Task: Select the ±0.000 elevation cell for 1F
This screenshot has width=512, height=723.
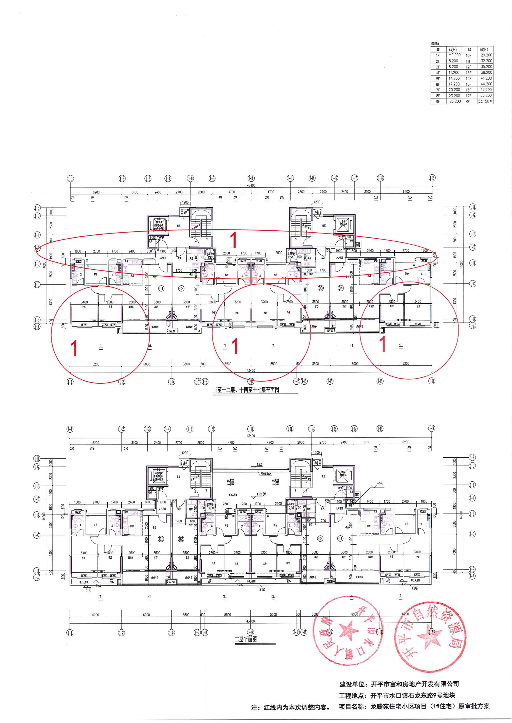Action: (x=453, y=55)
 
